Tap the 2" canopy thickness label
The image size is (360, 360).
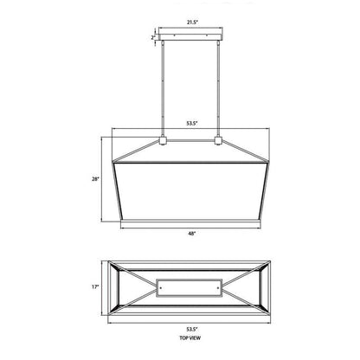tap(152, 37)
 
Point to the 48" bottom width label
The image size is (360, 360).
tap(190, 234)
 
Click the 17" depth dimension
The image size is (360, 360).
tap(98, 286)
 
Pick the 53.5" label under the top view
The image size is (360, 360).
tap(190, 331)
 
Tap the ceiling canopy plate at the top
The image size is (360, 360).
tap(190, 37)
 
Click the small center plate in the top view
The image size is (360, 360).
tap(190, 285)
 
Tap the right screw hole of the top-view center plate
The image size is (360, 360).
tap(220, 285)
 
